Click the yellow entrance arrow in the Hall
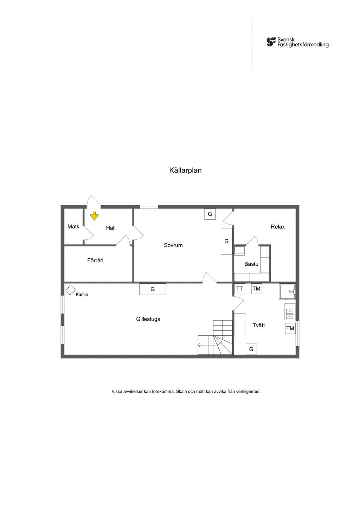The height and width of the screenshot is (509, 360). [94, 216]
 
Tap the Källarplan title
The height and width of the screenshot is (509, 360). [185, 170]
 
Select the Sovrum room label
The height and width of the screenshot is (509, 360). [173, 245]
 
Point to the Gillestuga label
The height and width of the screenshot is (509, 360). [148, 319]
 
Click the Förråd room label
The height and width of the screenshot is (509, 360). [95, 260]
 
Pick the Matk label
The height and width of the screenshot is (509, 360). [73, 226]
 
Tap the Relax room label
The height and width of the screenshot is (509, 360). [278, 226]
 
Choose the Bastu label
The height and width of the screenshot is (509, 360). [251, 264]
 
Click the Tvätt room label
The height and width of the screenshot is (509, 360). [259, 325]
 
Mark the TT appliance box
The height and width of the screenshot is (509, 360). [239, 289]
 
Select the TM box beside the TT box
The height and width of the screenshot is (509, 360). [256, 289]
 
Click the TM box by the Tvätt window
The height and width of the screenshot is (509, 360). [290, 328]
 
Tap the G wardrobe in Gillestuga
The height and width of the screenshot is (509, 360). [153, 289]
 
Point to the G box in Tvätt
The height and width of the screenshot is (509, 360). [251, 349]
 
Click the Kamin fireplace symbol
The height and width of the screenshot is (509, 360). [70, 290]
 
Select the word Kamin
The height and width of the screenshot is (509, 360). [82, 295]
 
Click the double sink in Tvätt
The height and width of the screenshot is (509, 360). [290, 312]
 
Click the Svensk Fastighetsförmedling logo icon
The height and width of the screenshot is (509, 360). [271, 42]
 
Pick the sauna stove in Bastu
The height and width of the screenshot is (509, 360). [240, 251]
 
